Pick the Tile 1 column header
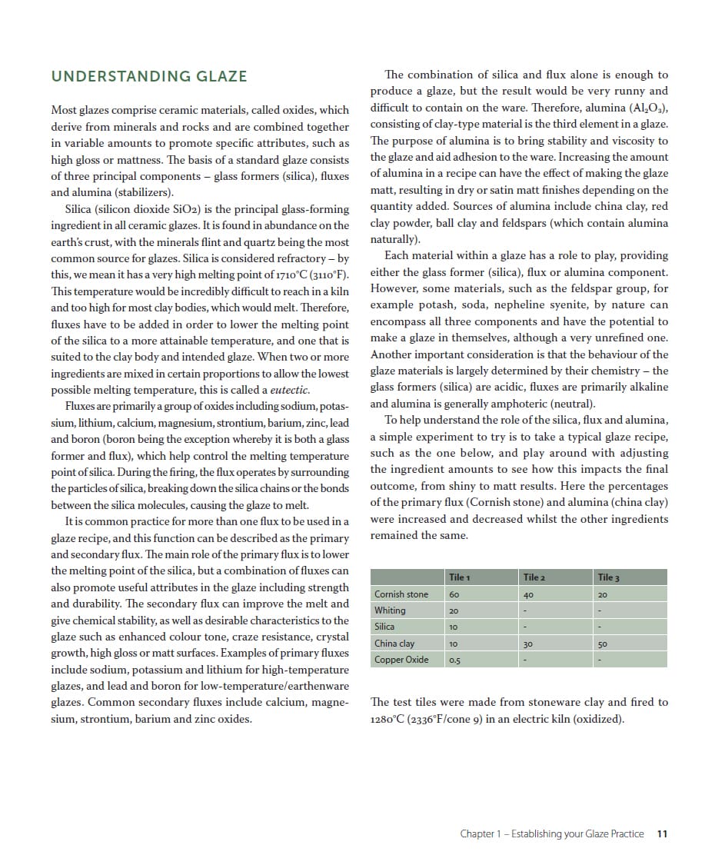pyautogui.click(x=458, y=577)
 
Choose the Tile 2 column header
pyautogui.click(x=534, y=577)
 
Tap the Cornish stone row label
pyautogui.click(x=401, y=594)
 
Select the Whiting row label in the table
pyautogui.click(x=390, y=610)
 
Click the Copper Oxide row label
pyautogui.click(x=401, y=660)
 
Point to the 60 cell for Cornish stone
pyautogui.click(x=454, y=594)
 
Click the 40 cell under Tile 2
pyautogui.click(x=528, y=594)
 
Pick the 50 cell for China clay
pyautogui.click(x=602, y=644)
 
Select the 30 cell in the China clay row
pyautogui.click(x=527, y=644)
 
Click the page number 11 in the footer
pyautogui.click(x=663, y=833)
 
